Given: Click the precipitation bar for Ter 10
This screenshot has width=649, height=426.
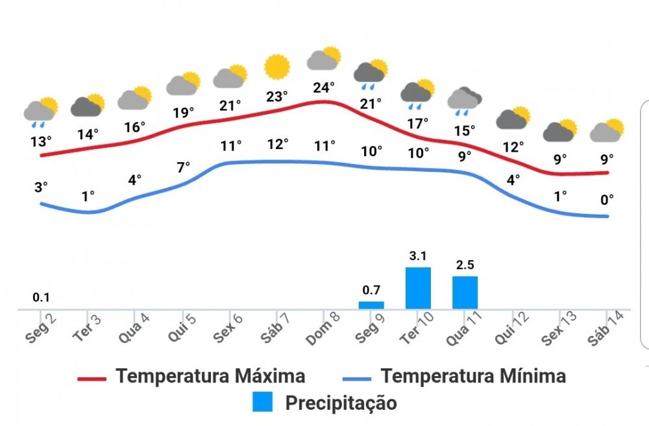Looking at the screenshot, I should (418, 288).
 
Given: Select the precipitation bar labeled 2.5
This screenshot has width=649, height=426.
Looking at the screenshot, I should (465, 292).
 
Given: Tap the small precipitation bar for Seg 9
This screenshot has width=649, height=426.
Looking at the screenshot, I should (371, 305).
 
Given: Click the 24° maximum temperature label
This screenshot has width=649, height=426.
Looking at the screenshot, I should (324, 87).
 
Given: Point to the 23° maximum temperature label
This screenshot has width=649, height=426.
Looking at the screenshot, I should (276, 97).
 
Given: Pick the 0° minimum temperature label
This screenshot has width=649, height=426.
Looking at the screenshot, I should (607, 200).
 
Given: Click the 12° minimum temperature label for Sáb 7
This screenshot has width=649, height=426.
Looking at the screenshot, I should (277, 144).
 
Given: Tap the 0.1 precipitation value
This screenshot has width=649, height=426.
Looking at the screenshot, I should (42, 298).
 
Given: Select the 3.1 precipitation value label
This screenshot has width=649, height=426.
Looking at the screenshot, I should (418, 256).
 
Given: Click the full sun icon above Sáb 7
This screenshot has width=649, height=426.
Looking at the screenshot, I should (277, 67).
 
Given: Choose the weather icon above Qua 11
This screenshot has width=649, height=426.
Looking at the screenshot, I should (465, 99).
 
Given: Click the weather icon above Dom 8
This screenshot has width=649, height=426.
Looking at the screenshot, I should (324, 59).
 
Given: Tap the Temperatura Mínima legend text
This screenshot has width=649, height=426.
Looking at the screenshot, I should (473, 376).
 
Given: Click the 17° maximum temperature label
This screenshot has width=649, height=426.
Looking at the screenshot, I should (418, 123).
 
